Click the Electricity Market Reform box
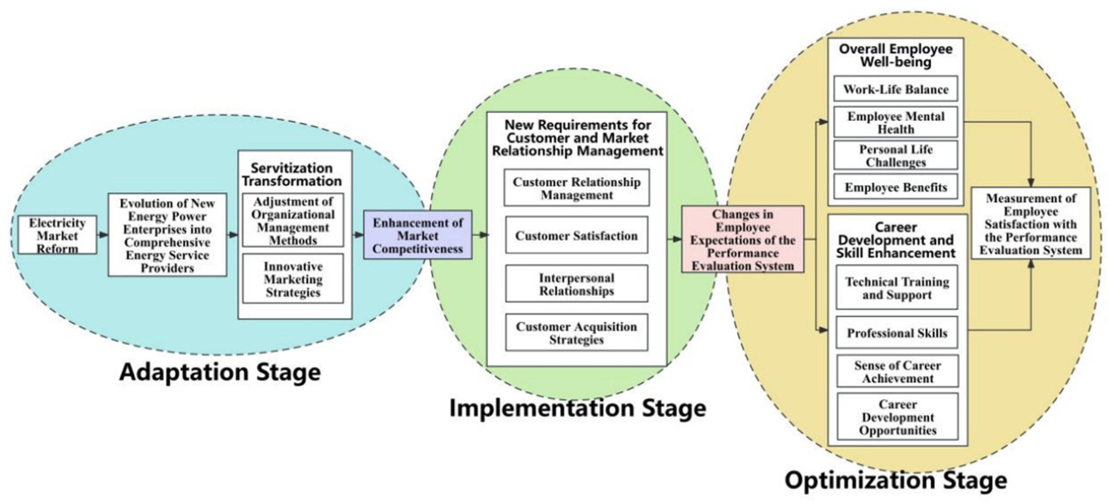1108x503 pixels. [57, 235]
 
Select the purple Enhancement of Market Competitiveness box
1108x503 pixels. [418, 235]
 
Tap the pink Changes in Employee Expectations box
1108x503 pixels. [743, 239]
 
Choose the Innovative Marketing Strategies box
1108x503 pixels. [293, 279]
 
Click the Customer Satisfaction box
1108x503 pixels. [576, 235]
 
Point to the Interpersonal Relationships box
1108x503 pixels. [576, 284]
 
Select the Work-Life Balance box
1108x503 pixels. [896, 89]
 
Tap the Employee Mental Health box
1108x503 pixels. [896, 123]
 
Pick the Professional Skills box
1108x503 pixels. [897, 333]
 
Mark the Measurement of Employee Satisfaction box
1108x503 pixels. [1031, 224]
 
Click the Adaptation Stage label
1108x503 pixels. [220, 372]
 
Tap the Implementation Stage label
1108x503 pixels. [578, 408]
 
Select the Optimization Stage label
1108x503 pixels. [896, 480]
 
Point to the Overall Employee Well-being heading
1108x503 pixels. [896, 55]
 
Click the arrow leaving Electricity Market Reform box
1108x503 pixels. [102, 235]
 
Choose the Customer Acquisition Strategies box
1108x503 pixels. [576, 333]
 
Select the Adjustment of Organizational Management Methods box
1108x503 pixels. [293, 220]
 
